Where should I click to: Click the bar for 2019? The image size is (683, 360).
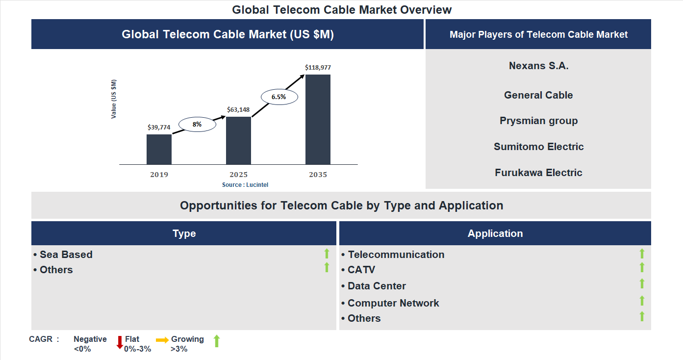159,149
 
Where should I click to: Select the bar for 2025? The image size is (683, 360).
238,140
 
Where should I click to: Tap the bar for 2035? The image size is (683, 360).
318,119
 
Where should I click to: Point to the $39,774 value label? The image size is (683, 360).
159,127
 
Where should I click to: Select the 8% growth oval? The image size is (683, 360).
197,125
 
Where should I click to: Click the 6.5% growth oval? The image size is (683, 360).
278,97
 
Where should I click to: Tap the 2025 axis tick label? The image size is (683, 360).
238,175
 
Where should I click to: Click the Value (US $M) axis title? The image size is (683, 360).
114,99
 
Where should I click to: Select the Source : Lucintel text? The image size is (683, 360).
245,185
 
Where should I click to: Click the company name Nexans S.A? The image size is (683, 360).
538,66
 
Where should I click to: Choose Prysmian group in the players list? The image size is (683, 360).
538,121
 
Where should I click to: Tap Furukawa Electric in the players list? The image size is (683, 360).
538,173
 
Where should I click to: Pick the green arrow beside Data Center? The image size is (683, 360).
642,284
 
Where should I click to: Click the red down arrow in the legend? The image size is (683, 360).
120,342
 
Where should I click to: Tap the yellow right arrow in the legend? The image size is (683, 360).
162,339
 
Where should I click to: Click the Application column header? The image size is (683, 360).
495,233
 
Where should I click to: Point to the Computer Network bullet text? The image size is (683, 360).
393,303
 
